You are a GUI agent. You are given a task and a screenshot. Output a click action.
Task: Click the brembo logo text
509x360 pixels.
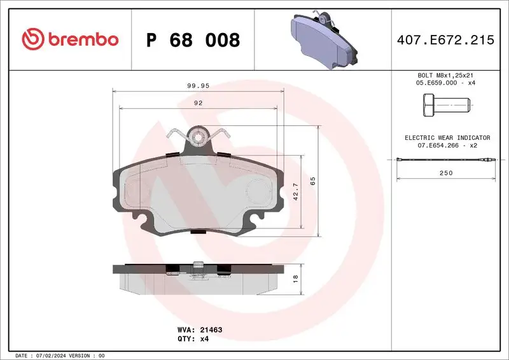[x=81, y=39]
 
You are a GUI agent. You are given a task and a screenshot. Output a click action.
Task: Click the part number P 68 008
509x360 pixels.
[x=193, y=40]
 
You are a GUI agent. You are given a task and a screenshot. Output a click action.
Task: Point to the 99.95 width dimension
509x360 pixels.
[x=198, y=85]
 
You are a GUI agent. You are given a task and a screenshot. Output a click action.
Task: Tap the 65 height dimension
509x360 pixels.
[x=312, y=181]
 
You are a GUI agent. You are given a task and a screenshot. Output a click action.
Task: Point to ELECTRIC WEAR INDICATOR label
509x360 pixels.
[x=447, y=137]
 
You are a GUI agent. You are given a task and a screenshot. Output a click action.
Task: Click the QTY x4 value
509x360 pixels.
[x=204, y=339]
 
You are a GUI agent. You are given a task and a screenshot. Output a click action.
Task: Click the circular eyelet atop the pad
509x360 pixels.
[x=199, y=135]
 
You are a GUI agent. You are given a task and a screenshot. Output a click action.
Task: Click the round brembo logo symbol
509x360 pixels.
[x=31, y=39]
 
